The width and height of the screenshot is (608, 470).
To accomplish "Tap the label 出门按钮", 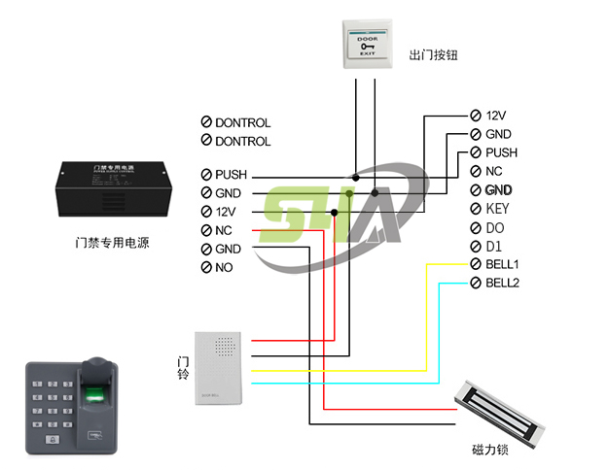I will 433,55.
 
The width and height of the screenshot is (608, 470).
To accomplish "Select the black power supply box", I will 118,184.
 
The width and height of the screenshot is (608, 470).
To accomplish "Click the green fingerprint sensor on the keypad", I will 94,395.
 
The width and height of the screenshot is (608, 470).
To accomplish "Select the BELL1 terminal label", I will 502,264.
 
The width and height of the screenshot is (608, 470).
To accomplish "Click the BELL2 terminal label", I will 502,283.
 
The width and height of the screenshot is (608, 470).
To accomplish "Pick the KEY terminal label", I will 497,209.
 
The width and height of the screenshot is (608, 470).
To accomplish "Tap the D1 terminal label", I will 493,246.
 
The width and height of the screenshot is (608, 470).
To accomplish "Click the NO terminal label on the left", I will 224,267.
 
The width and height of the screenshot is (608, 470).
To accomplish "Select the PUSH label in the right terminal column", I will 501,152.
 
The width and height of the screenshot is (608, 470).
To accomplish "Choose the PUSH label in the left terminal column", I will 232,175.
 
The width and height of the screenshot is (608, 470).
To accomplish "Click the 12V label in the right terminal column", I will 497,115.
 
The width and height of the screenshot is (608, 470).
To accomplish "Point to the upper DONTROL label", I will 242,123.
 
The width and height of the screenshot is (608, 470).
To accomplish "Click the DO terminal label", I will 494,227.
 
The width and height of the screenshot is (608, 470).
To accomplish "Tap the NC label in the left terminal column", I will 224,230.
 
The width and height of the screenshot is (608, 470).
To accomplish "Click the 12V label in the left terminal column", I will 227,212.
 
